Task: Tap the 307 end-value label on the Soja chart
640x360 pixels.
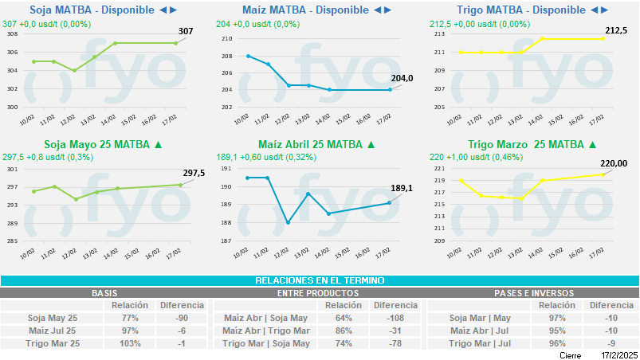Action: (x=185, y=32)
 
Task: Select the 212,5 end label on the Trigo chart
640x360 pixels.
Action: (x=615, y=30)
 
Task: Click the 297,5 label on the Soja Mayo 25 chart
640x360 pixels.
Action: (x=194, y=173)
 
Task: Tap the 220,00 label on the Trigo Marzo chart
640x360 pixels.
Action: (x=614, y=163)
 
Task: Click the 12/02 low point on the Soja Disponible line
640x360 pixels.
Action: (x=74, y=70)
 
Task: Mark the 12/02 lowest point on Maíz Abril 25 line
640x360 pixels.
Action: (x=288, y=222)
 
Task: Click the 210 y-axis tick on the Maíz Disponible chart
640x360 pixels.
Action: (x=227, y=39)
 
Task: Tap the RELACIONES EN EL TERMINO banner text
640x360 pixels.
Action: (x=320, y=280)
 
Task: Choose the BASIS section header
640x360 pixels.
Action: (x=104, y=293)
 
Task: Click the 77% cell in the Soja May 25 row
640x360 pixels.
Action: (x=131, y=319)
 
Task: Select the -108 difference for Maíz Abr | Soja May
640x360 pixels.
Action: (x=395, y=319)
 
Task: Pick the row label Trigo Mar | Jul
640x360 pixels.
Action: (x=480, y=343)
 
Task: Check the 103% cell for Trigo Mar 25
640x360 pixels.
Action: (x=129, y=343)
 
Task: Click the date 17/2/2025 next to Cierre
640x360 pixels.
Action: (x=620, y=354)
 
